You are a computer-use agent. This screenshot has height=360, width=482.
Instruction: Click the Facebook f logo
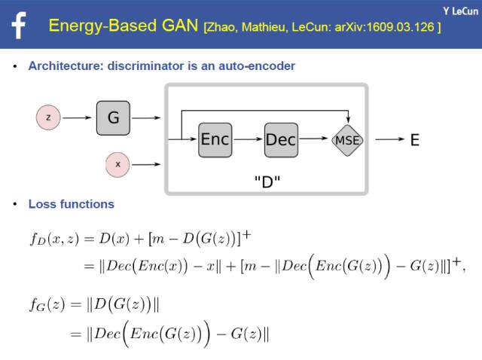coord(19,25)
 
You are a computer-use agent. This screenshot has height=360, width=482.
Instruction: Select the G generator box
coord(114,117)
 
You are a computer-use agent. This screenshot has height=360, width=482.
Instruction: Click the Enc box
coord(215,139)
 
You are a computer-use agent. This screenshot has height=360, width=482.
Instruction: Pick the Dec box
coord(281,140)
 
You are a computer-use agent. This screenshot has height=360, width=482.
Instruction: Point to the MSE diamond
coord(346,140)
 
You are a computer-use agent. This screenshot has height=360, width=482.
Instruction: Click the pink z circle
coord(48,117)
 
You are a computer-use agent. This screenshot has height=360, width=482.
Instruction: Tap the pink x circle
coord(117,163)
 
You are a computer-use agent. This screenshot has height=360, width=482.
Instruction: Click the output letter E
coord(414,140)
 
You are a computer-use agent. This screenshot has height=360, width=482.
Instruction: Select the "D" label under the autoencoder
coord(267,182)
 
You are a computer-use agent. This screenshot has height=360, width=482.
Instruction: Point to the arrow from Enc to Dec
coord(248,140)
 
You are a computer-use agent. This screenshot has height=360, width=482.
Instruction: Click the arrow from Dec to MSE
coord(315,140)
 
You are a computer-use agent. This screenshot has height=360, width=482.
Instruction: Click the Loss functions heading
coord(71,204)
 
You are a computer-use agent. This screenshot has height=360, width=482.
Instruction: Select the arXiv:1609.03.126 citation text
coord(383,27)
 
